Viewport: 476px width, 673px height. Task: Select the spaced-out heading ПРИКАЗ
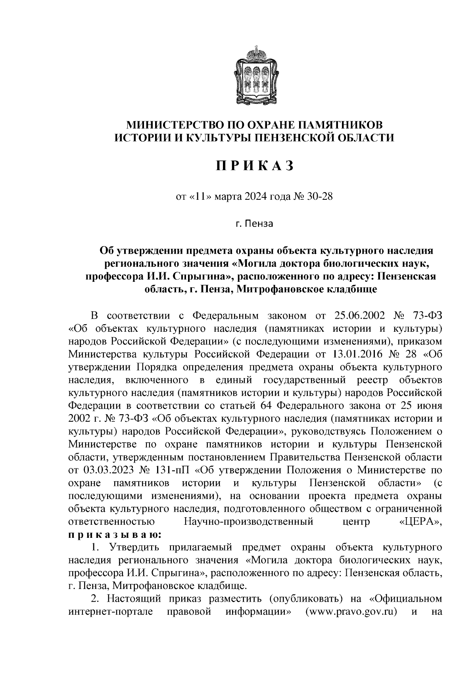(254, 166)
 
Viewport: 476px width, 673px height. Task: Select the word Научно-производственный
(249, 522)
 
